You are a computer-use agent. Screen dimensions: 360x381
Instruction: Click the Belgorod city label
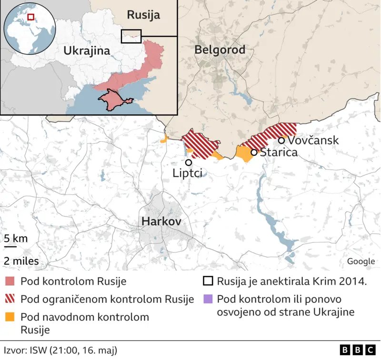coord(220,50)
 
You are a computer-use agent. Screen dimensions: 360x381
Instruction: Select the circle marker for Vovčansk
coord(281,140)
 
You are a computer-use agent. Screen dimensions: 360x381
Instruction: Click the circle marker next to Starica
coord(254,152)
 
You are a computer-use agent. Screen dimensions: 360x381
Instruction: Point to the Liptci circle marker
coord(189,163)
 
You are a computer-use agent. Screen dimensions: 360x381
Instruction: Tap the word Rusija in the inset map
coord(143,15)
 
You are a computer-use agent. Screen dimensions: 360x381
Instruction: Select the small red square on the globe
coord(30,17)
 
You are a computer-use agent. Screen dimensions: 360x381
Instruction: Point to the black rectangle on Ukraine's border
coord(132,36)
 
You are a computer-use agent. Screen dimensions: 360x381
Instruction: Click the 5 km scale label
coord(15,238)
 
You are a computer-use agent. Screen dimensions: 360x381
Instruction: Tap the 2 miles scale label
coord(21,261)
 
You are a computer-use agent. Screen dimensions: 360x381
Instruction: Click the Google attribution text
coord(361,261)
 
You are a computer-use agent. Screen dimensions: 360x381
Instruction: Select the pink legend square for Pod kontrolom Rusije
coord(10,281)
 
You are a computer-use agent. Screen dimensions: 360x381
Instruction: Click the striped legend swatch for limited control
coord(10,299)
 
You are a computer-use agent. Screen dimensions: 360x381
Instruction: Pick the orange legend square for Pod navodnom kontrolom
coord(10,317)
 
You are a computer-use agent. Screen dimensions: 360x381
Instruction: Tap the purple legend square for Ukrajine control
coord(208,299)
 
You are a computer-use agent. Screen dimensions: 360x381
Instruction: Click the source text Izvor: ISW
coord(60,350)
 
